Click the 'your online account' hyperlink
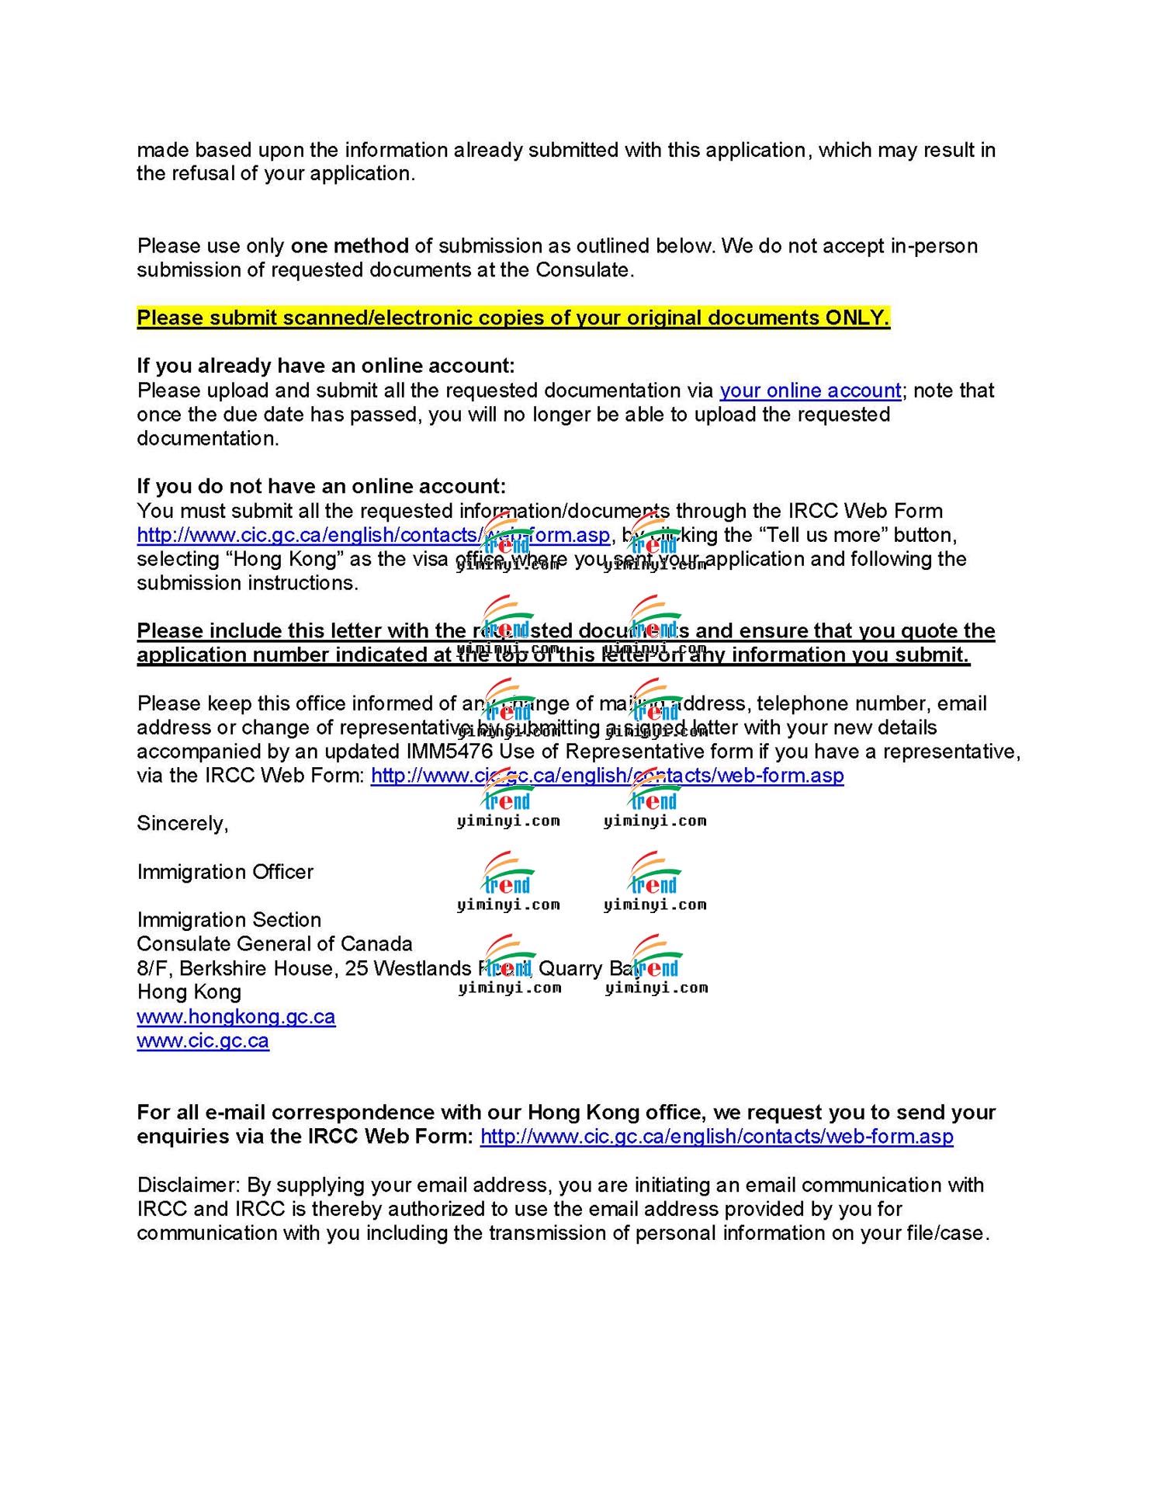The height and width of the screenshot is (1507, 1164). [x=810, y=391]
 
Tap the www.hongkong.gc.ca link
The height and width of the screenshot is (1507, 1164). [x=236, y=1016]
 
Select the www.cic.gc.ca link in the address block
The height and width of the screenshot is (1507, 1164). [x=203, y=1040]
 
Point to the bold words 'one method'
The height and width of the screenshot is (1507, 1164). [x=349, y=246]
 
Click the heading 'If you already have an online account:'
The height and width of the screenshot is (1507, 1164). [x=326, y=366]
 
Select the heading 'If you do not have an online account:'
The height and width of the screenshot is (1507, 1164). [x=321, y=486]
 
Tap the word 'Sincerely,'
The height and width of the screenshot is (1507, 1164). [x=182, y=823]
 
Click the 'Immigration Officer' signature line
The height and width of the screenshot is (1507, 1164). [x=225, y=872]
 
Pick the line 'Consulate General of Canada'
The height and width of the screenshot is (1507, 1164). [x=275, y=944]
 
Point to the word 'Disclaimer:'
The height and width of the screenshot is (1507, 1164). [x=189, y=1185]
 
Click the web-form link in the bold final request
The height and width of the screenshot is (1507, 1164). [x=716, y=1137]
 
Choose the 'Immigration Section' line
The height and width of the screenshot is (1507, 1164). [x=229, y=920]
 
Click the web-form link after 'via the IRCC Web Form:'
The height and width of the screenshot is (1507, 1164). [x=607, y=776]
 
